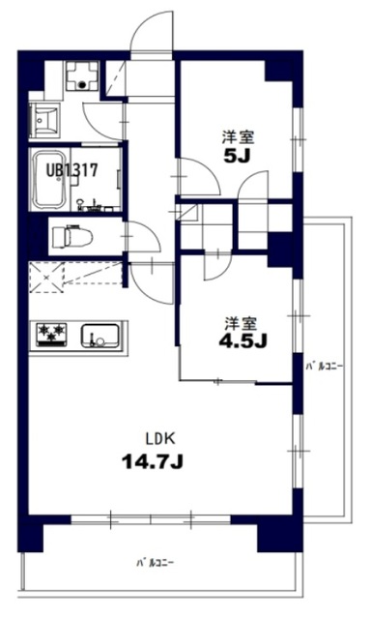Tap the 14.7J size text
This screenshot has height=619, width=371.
pos(153,461)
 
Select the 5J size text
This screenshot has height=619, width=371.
pos(238,157)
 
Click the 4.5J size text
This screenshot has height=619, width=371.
pos(243,340)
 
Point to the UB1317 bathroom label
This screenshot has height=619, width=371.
pos(71,170)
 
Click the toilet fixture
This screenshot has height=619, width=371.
pos(72,236)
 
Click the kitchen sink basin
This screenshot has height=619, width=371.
pos(100,336)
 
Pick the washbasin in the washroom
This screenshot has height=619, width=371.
pos(45,118)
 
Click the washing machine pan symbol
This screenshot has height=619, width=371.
pos(81,77)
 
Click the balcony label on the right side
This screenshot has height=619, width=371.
pos(324,367)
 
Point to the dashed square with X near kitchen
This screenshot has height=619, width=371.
pos(47,278)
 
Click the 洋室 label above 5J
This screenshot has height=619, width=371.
pos(238,138)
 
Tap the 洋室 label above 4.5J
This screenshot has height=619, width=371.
pos(242,324)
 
